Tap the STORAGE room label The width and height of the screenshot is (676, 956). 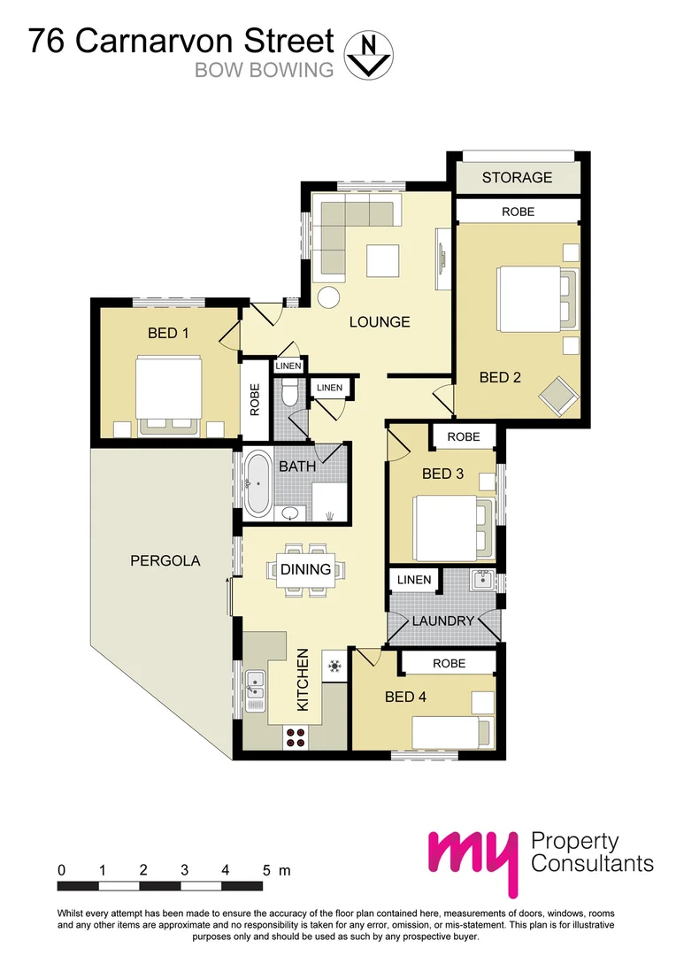pos(517,178)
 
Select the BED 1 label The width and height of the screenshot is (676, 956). pos(167,334)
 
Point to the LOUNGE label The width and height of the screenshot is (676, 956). pos(379,322)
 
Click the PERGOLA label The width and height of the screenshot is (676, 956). pos(165,560)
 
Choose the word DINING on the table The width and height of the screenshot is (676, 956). pos(306,569)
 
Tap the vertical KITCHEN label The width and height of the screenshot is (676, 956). pos(303,680)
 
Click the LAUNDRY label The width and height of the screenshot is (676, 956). pos(442,621)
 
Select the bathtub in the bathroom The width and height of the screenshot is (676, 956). pos(257,483)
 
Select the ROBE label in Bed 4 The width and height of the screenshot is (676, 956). pos(448,663)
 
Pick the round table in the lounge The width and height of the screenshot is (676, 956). pos(329,297)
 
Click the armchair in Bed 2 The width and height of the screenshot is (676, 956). pos(558,394)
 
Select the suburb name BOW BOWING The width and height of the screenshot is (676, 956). pos(265,70)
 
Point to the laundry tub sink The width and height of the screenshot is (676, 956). pos(482,581)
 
